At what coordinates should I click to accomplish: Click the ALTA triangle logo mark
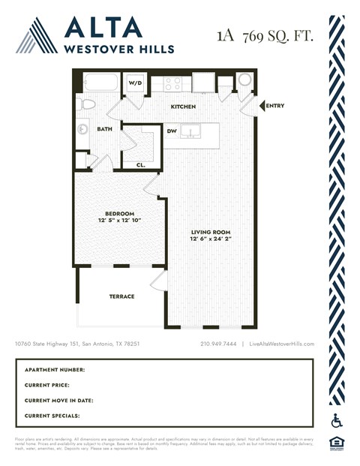[37, 36]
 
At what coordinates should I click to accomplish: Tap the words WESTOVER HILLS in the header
[119, 50]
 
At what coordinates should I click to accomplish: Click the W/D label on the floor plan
[136, 83]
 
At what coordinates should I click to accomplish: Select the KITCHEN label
[183, 107]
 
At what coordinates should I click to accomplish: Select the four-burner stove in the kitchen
[173, 83]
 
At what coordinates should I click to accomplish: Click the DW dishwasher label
[172, 132]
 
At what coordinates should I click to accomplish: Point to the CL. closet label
[141, 164]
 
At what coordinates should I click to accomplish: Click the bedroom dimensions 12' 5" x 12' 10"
[118, 221]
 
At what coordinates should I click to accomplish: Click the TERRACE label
[121, 296]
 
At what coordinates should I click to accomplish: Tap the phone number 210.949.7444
[218, 344]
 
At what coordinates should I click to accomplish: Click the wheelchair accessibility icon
[336, 421]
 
